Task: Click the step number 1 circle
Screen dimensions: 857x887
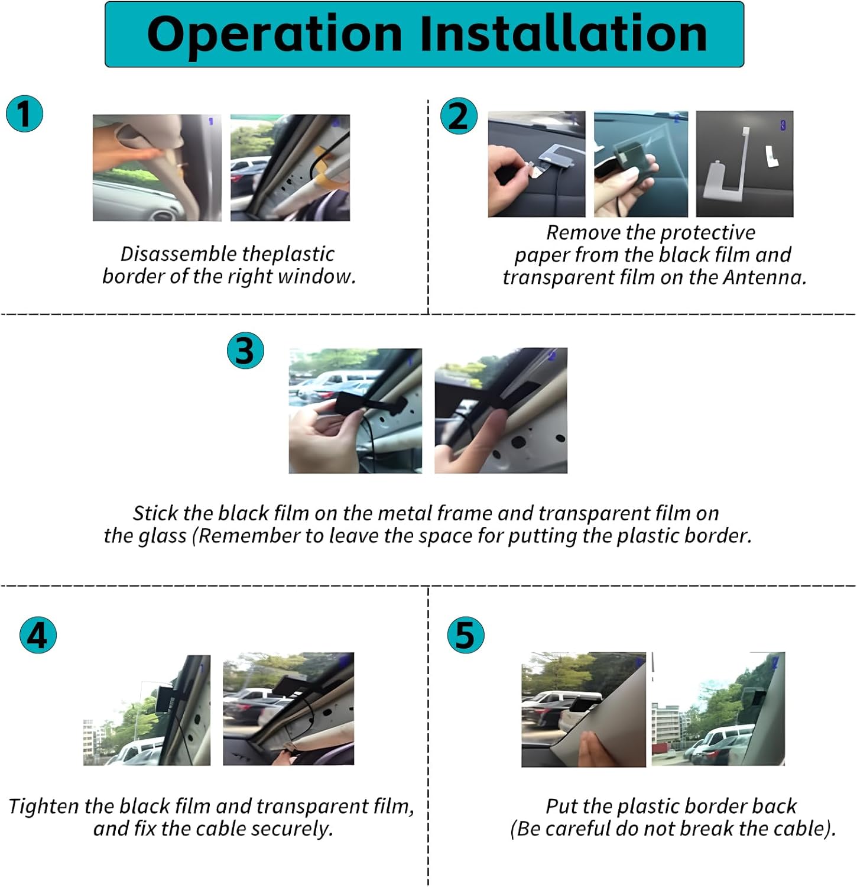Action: click(x=25, y=114)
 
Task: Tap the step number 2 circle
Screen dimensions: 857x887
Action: click(x=459, y=116)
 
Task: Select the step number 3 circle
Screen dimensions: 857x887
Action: click(x=245, y=351)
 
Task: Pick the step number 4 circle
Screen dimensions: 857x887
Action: click(x=38, y=636)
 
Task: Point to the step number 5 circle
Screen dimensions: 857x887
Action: click(x=465, y=636)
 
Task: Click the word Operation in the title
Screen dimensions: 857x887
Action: click(x=275, y=34)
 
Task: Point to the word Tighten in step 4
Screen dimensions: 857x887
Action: click(x=44, y=807)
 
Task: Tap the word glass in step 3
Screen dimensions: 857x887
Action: click(x=163, y=536)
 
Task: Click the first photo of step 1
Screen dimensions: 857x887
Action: click(x=157, y=168)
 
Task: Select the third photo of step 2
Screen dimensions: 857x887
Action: click(x=745, y=164)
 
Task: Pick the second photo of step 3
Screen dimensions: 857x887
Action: click(x=501, y=410)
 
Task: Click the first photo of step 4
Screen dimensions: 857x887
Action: click(x=147, y=710)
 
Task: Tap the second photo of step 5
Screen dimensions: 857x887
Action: click(x=718, y=709)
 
